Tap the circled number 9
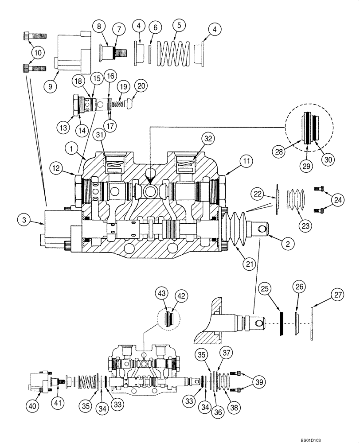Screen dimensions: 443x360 pos(51,86)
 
